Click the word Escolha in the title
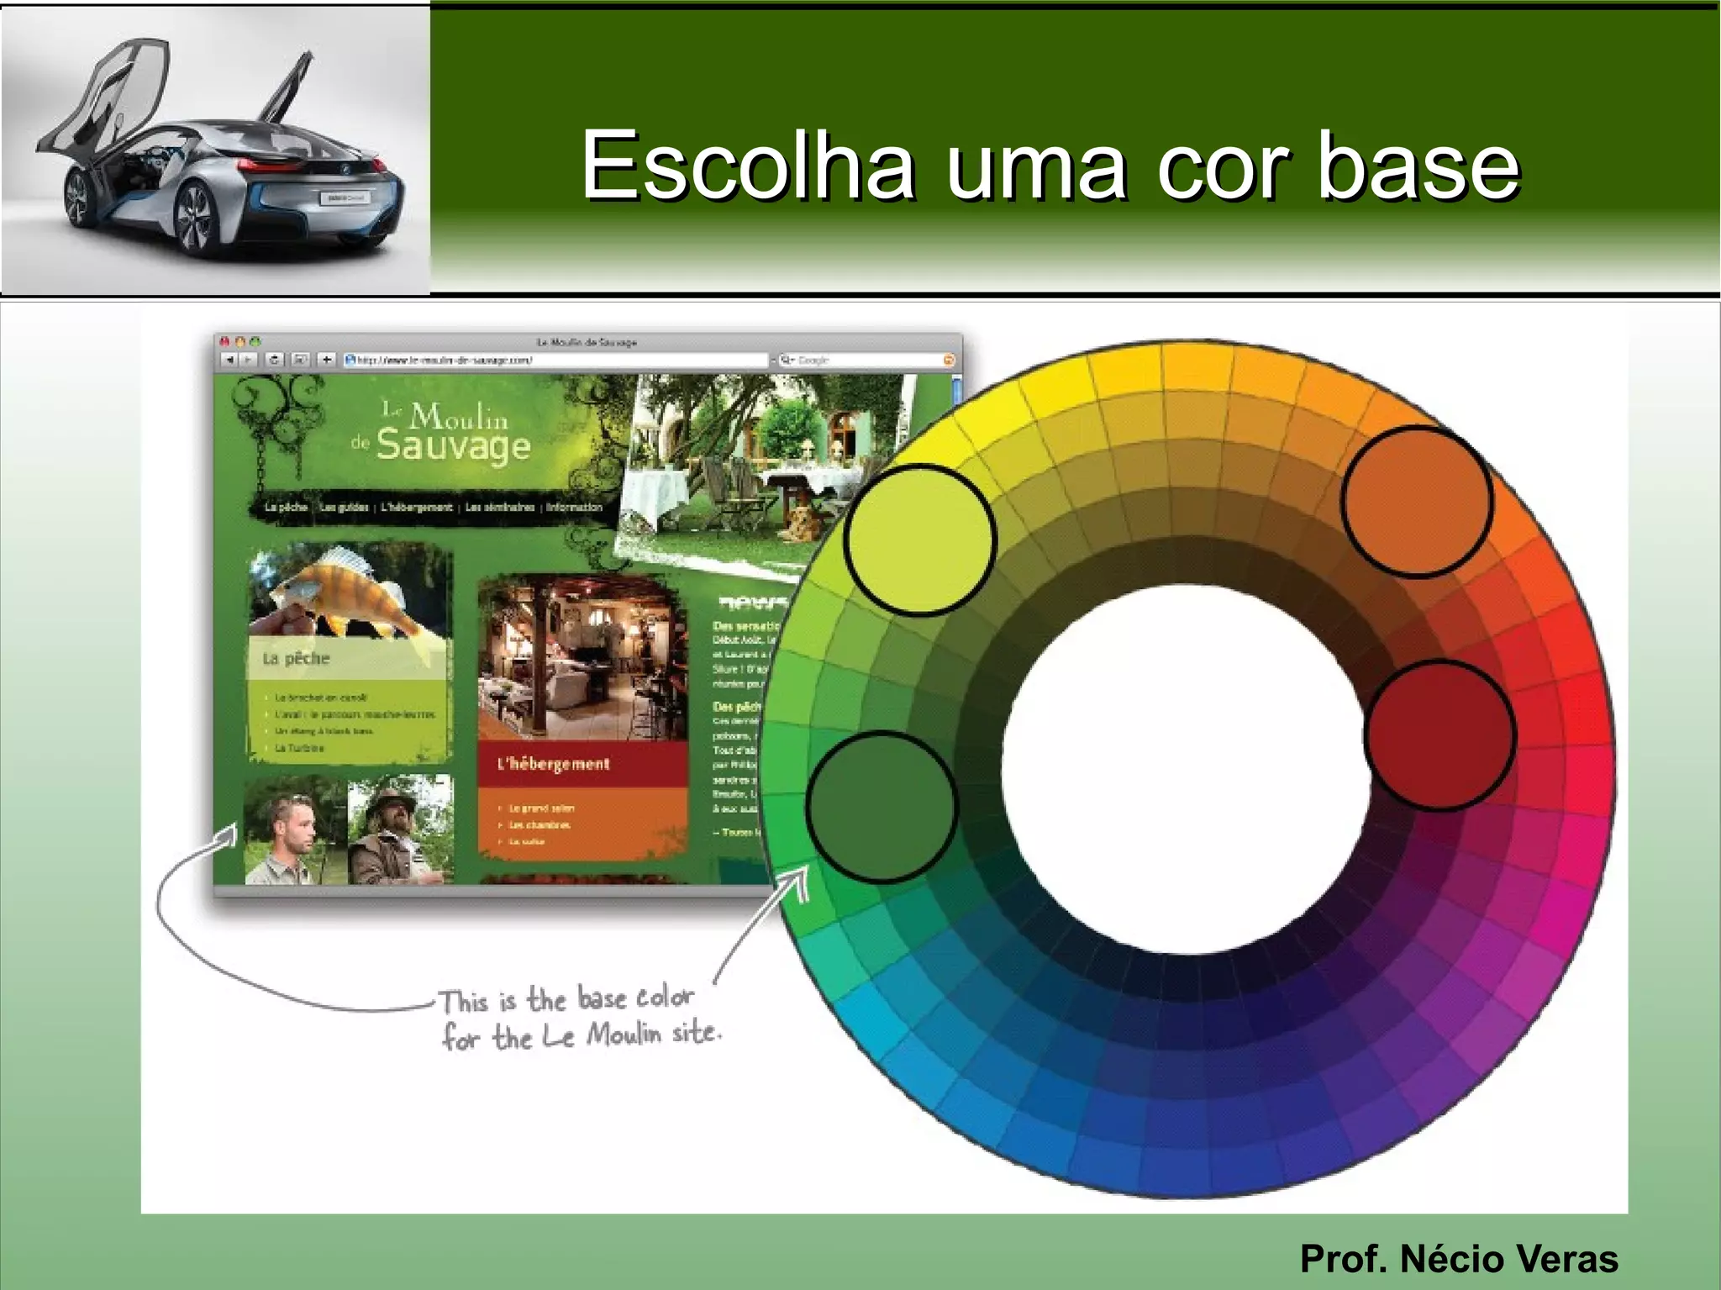(747, 166)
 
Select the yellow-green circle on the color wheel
(920, 540)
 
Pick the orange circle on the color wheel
(1417, 502)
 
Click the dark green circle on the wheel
(882, 806)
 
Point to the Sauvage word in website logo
(453, 445)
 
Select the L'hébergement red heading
(554, 764)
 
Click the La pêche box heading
(296, 658)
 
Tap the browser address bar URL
(445, 360)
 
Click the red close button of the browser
(224, 342)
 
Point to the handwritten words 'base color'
(635, 998)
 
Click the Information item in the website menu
(574, 507)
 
